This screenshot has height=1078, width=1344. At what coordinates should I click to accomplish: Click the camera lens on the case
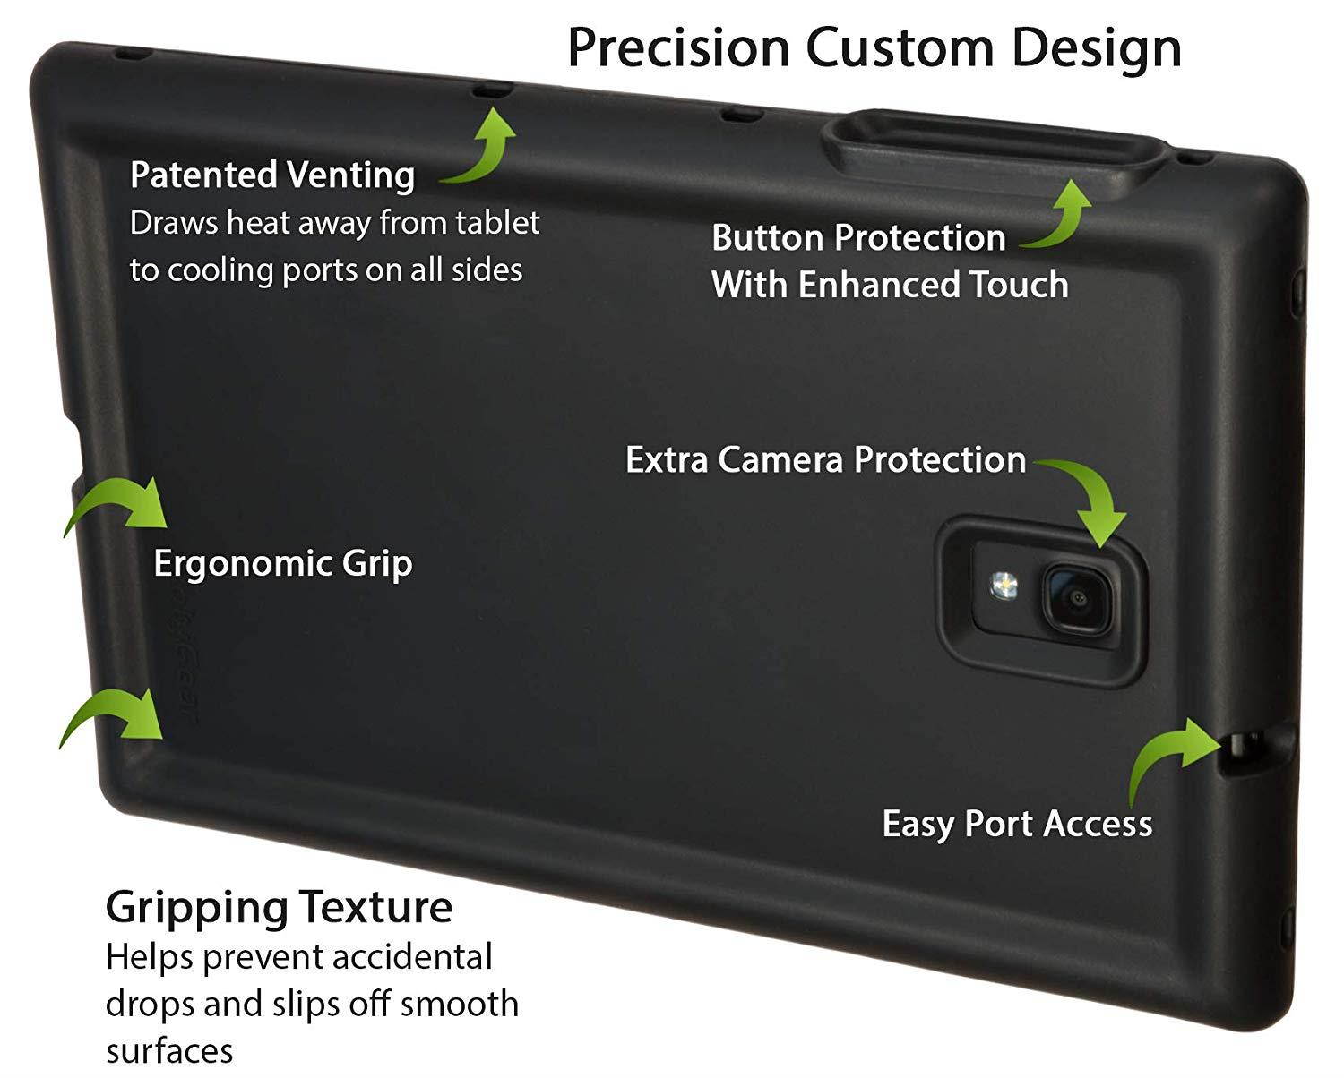[x=1077, y=597]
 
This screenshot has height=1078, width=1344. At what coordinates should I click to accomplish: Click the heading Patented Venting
[x=272, y=175]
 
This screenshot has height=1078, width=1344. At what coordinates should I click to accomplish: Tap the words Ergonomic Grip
[x=283, y=564]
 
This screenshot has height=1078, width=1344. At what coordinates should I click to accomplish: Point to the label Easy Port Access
[x=1017, y=824]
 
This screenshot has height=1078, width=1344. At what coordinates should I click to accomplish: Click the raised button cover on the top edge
[x=995, y=148]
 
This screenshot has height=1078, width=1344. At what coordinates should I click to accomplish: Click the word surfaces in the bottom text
[x=169, y=1050]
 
